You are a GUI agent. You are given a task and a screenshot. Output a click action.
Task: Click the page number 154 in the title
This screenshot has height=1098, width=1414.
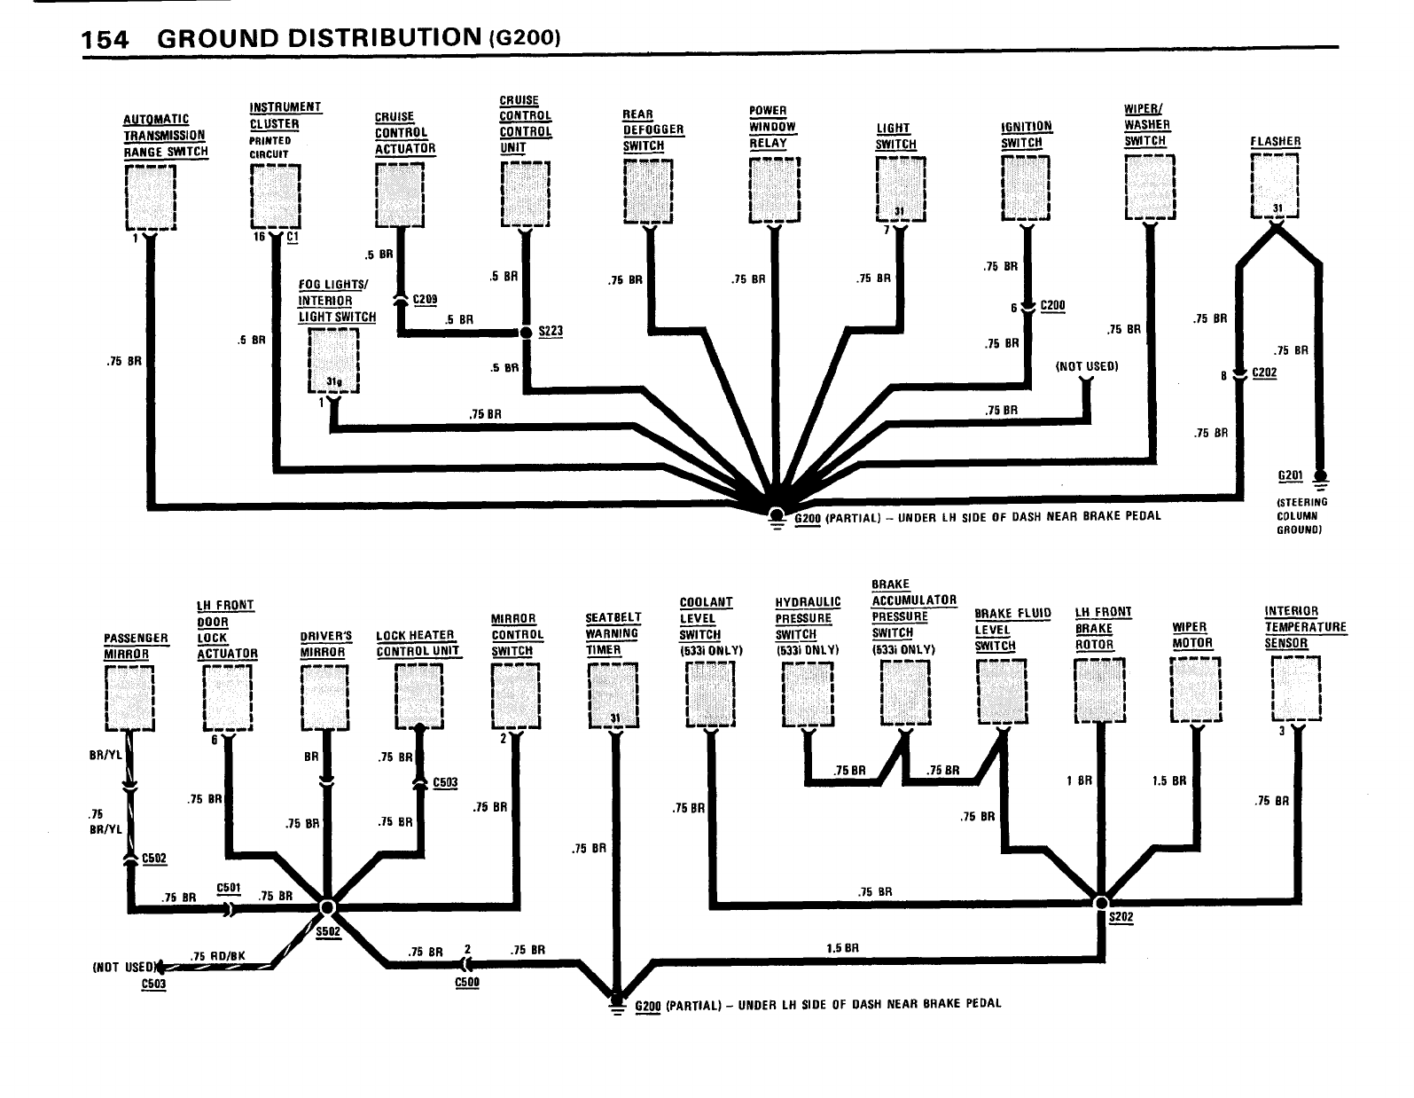point(105,39)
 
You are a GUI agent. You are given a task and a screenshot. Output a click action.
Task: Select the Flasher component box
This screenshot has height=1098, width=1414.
point(1274,184)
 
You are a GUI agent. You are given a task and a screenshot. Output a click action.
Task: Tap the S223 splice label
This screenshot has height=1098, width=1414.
point(551,332)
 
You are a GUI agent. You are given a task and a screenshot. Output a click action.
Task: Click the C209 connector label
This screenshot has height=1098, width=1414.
point(426,300)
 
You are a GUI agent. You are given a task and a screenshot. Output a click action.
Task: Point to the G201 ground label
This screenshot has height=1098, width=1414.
point(1290,476)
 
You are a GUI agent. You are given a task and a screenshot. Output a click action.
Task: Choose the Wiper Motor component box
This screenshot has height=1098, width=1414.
point(1195,690)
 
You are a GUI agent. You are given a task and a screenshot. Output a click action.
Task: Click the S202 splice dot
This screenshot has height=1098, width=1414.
point(1101,901)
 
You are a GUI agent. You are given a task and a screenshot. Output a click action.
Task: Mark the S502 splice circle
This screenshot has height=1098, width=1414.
point(327,906)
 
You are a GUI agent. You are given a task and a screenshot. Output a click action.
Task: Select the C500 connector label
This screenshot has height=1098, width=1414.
point(466,983)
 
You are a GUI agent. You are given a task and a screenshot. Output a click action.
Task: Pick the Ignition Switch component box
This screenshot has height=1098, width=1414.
point(1025,187)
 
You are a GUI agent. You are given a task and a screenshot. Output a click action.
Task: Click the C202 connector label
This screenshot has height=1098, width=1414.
point(1265,373)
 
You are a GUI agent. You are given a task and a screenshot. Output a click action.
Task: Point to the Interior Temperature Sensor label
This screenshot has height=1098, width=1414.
point(1304,627)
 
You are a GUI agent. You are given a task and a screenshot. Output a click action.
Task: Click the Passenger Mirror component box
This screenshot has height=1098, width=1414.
point(129,698)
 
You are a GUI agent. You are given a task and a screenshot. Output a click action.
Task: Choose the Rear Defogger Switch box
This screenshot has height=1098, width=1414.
point(649,192)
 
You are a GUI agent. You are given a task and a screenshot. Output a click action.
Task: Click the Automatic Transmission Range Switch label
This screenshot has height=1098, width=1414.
point(165,135)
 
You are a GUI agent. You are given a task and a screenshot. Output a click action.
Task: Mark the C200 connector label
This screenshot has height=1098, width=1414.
point(1052,306)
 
